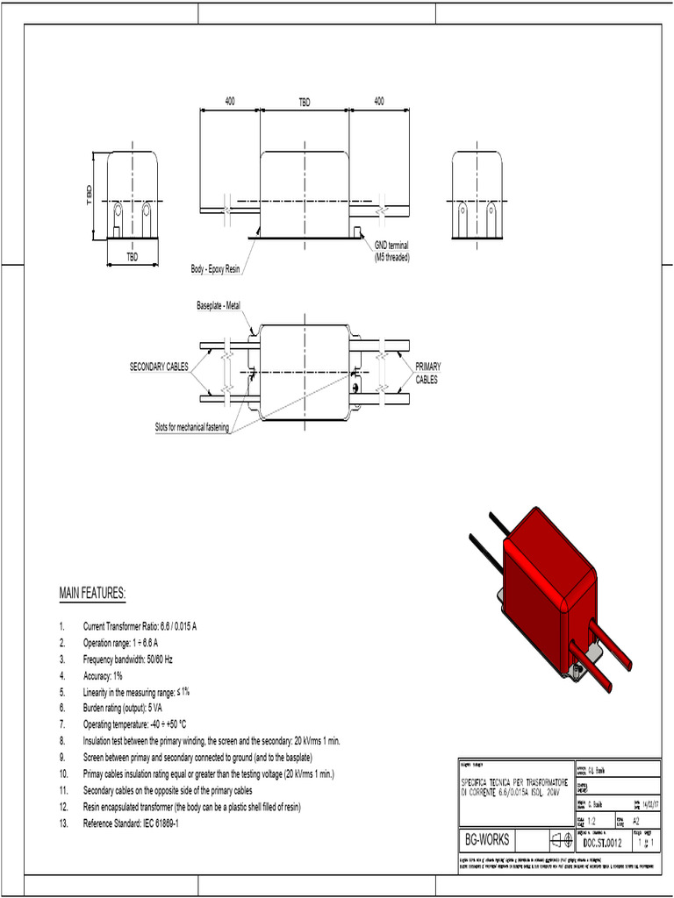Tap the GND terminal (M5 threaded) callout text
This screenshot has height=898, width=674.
[x=391, y=252]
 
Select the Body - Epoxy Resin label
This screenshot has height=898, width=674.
[x=215, y=268]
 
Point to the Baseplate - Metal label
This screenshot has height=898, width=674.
[x=219, y=305]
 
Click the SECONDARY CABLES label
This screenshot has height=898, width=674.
[x=159, y=366]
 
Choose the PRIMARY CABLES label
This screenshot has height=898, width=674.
[x=427, y=373]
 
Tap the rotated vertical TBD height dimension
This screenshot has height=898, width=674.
[x=89, y=196]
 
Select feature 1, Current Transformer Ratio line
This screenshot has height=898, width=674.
[x=140, y=627]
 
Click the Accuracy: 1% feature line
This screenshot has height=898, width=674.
[x=103, y=676]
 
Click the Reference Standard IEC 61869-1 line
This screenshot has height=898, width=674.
[x=137, y=823]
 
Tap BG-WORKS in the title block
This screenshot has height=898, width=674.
[x=487, y=839]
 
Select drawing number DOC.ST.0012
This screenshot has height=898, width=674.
[x=603, y=842]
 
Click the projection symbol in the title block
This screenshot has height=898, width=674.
[x=558, y=839]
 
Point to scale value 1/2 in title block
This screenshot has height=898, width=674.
[x=591, y=822]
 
